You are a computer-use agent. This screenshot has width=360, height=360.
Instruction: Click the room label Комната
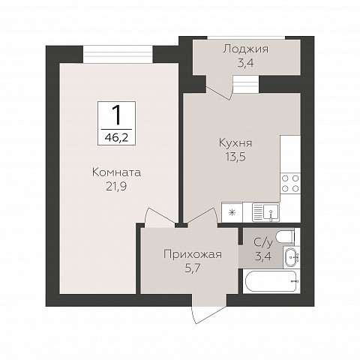116,172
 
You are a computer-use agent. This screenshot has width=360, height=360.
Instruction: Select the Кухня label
235,142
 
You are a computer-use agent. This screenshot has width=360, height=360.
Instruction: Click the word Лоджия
245,49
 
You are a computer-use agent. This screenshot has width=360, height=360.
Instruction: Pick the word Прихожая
193,254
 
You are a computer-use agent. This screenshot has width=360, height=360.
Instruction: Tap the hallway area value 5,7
193,268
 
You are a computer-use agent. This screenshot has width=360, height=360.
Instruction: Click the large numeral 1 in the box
116,115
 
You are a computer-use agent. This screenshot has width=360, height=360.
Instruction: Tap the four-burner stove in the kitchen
289,184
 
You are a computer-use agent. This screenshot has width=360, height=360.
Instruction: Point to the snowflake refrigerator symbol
232,212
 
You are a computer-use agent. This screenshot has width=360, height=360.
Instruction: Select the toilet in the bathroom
286,238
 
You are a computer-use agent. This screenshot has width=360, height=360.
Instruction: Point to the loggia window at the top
245,35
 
